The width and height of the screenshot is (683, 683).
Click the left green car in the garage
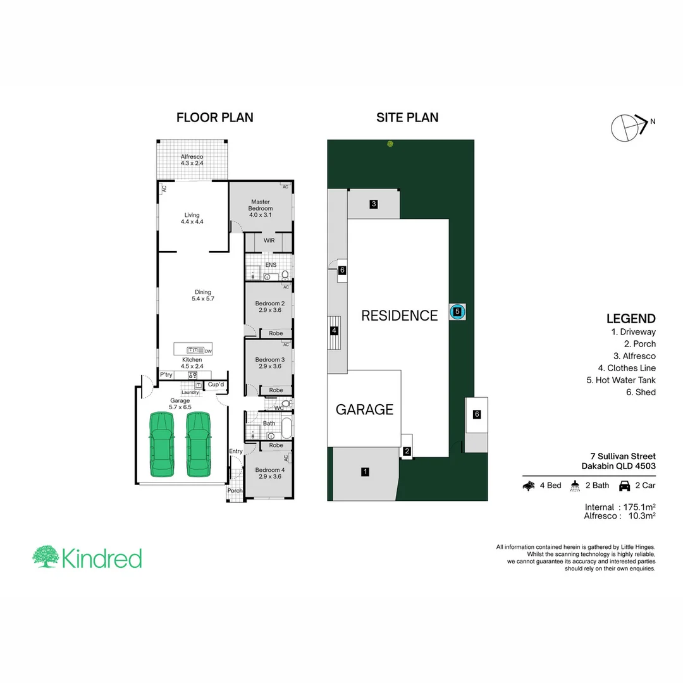coord(162,444)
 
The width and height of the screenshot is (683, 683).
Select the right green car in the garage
coord(198,444)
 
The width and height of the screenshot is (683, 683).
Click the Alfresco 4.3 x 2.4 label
coord(192,159)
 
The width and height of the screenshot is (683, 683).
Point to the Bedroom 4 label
coord(269,472)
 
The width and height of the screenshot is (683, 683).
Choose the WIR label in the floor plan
coord(269,241)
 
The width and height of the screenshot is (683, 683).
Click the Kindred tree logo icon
coord(46,557)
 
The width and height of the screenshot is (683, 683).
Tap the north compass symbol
coord(627,126)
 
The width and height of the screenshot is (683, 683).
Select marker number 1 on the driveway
coord(365,471)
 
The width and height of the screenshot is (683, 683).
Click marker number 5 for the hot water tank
coord(457,311)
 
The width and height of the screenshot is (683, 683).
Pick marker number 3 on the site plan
coord(374,204)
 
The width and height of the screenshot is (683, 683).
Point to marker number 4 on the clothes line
coord(334,330)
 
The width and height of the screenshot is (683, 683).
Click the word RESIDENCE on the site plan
coord(399,316)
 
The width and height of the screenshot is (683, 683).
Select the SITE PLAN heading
coord(407,118)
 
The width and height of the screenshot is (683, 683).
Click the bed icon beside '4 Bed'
coord(529,486)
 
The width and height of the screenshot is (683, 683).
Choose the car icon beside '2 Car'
coord(624,486)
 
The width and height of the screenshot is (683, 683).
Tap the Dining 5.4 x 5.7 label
coord(203,295)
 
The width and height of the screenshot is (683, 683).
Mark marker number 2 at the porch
coord(407,451)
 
